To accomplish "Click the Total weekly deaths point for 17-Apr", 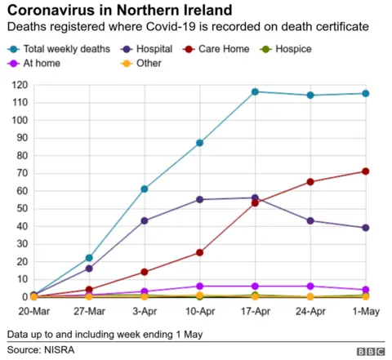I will click(255, 91).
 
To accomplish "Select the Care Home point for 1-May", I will click(365, 171).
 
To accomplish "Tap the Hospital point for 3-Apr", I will click(145, 220).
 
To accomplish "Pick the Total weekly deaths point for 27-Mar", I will click(89, 258).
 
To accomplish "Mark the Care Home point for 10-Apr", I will click(199, 252).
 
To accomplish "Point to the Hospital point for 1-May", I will click(365, 228).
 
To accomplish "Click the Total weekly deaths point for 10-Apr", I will click(199, 143).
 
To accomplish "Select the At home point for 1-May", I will click(365, 290).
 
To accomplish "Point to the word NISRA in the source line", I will click(62, 349).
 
